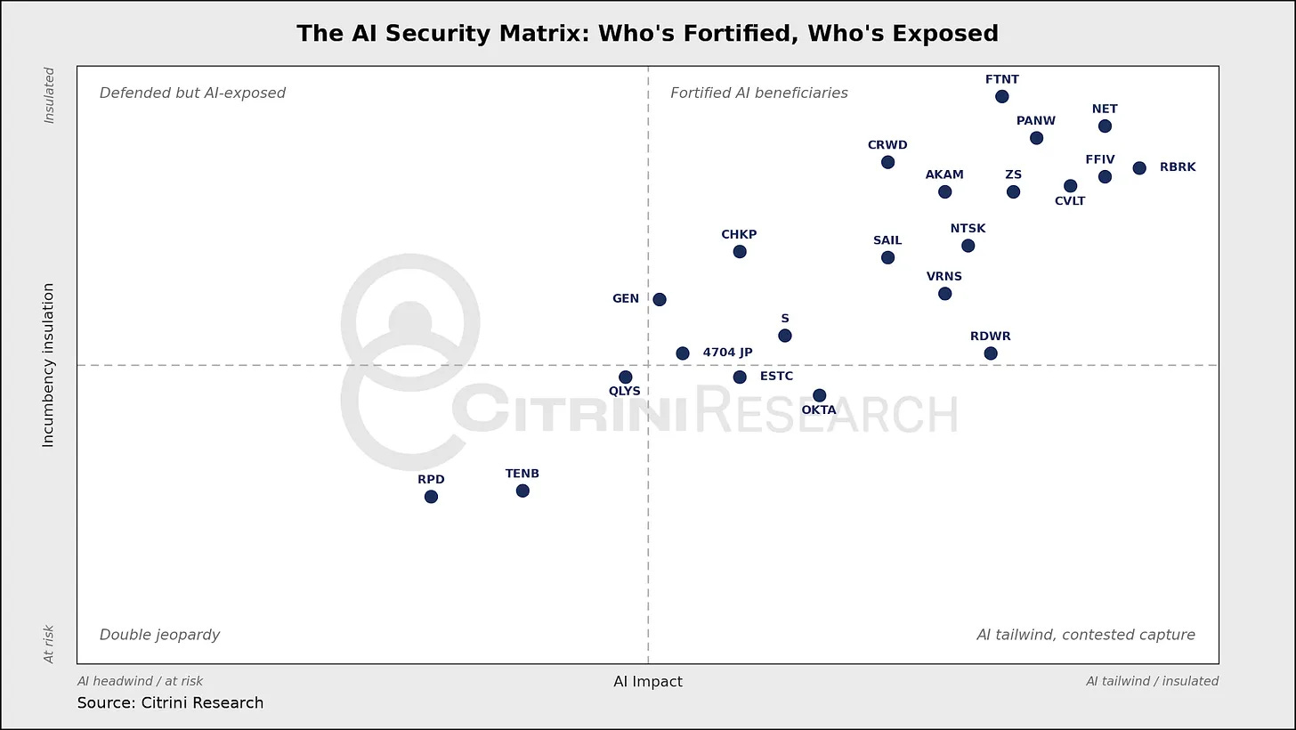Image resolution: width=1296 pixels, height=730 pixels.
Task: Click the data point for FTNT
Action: pyautogui.click(x=1002, y=97)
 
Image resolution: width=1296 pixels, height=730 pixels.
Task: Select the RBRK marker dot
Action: pyautogui.click(x=1139, y=168)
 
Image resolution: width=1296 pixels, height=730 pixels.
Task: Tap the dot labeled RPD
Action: pyautogui.click(x=431, y=497)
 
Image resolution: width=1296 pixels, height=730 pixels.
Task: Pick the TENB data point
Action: pyautogui.click(x=522, y=491)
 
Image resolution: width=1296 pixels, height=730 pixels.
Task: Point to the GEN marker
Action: pyautogui.click(x=660, y=300)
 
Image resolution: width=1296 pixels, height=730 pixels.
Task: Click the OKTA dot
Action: pyautogui.click(x=819, y=395)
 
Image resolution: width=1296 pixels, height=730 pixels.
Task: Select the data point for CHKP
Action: pyautogui.click(x=740, y=252)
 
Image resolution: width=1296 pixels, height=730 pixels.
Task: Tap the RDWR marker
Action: pyautogui.click(x=991, y=353)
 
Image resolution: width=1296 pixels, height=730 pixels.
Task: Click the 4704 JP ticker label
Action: pyautogui.click(x=727, y=353)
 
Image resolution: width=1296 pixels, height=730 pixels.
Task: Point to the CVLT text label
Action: pyautogui.click(x=1070, y=201)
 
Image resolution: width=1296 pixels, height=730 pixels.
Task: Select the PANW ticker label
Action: pyautogui.click(x=1036, y=121)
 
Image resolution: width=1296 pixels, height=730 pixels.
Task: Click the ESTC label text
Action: pyautogui.click(x=776, y=376)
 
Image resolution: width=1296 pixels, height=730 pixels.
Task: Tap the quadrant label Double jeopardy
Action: pyautogui.click(x=159, y=635)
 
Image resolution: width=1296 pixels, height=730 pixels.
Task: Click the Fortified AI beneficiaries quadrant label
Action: pyautogui.click(x=759, y=93)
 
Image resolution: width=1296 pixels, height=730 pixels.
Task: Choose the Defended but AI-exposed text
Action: pyautogui.click(x=192, y=93)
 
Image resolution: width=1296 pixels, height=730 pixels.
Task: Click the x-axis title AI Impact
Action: pyautogui.click(x=648, y=682)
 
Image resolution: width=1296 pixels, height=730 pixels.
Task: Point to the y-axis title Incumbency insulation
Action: pyautogui.click(x=48, y=365)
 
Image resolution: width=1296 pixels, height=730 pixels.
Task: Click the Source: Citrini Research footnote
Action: pyautogui.click(x=170, y=702)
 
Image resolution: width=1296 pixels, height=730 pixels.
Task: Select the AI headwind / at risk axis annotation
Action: pyautogui.click(x=140, y=681)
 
